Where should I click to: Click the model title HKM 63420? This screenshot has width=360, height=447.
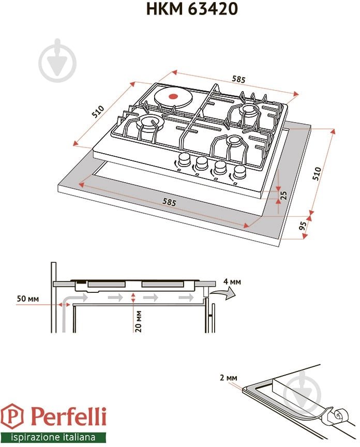coord(192,9)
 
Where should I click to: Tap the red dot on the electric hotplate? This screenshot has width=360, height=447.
coord(172,96)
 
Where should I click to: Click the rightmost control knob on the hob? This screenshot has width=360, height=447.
coord(239,172)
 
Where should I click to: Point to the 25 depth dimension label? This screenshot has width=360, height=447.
coord(283,195)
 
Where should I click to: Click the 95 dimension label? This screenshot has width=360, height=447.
coord(303,226)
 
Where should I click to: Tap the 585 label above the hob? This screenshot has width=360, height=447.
coord(238,79)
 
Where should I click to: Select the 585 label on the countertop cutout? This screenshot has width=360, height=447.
coord(169,202)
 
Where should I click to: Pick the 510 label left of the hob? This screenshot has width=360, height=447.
coord(98,111)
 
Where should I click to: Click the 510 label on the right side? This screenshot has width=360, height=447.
coord(317,173)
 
